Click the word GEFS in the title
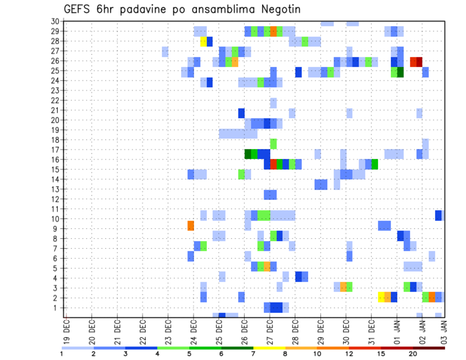(78, 10)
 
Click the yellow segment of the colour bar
(269, 348)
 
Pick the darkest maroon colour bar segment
(429, 348)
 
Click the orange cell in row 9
(191, 226)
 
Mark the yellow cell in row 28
(204, 41)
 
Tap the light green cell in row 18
(273, 144)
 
